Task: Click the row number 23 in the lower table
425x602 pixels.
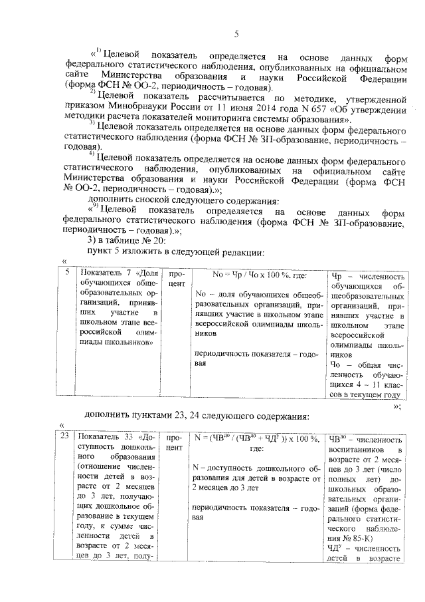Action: (x=64, y=438)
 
